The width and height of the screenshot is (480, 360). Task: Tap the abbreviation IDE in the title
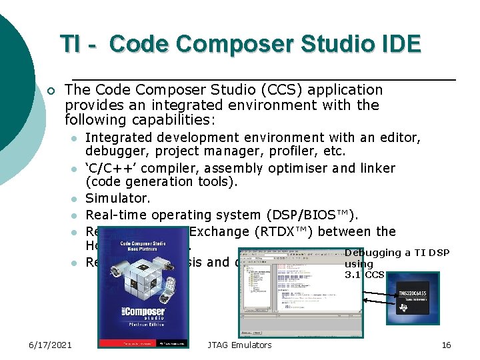[x=397, y=44]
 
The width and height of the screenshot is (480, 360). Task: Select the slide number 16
[x=446, y=345]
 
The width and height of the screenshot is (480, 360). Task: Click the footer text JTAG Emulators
[x=239, y=345]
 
